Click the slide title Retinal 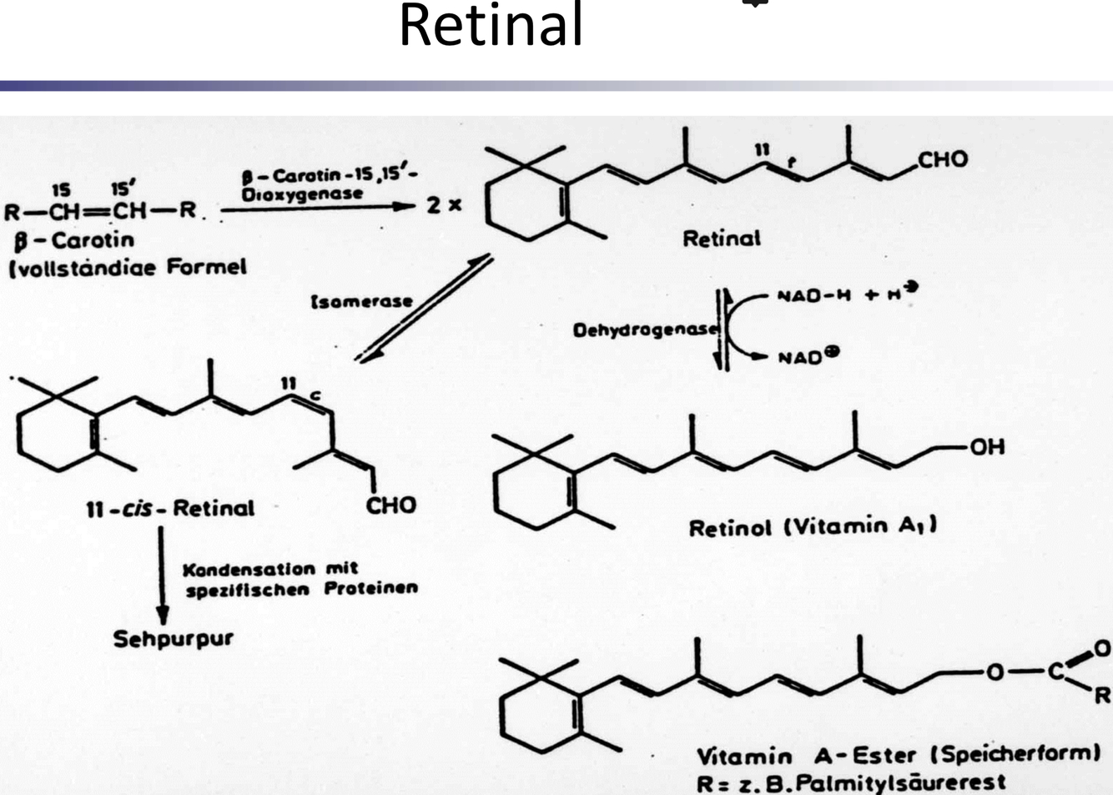coord(491,25)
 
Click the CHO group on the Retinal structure coord(943,159)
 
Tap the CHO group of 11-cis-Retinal coord(390,506)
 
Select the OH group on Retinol coord(986,447)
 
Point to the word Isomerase coord(361,301)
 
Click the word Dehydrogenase coord(644,330)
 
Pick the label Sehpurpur coord(173,639)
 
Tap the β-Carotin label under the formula coord(74,240)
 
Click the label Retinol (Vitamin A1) coord(812,527)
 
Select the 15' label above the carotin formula coord(123,189)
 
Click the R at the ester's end coord(1101,694)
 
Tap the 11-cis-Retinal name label coord(170,508)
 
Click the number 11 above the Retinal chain coord(762,149)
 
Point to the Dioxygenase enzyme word coord(302,194)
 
